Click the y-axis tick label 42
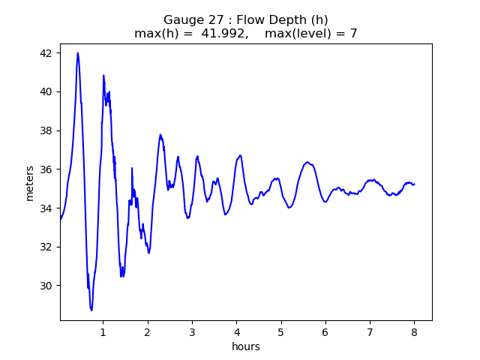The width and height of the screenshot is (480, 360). click(46, 53)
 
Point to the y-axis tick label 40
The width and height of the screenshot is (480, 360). click(46, 91)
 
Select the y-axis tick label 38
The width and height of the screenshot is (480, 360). click(46, 130)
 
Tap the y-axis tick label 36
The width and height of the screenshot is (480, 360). click(46, 169)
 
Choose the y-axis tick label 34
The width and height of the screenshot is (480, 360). click(46, 208)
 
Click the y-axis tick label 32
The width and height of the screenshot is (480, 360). click(46, 247)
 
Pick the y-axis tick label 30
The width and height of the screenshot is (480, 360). click(46, 286)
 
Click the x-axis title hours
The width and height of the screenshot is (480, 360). click(246, 347)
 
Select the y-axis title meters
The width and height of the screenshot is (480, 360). click(30, 182)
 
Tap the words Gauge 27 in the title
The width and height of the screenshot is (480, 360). click(190, 19)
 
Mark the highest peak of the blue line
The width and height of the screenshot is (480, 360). click(78, 53)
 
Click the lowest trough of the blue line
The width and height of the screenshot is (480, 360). click(91, 310)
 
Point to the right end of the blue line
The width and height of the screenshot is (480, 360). click(414, 184)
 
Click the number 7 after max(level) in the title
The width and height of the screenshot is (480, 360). click(353, 33)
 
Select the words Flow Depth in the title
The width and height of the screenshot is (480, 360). click(266, 19)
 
